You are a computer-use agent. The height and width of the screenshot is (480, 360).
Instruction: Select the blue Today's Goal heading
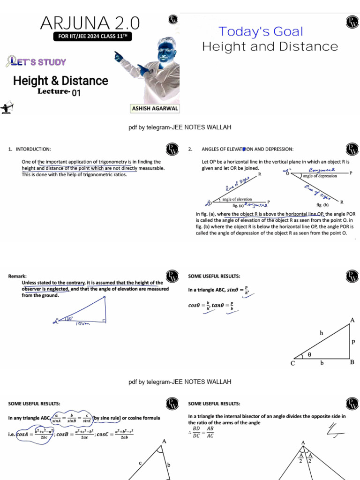(x=261, y=32)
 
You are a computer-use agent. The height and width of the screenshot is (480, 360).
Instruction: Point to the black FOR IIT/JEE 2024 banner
(x=90, y=37)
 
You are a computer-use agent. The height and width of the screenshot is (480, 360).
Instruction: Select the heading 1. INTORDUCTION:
(x=30, y=149)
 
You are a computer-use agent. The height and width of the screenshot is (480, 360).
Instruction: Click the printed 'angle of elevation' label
(x=237, y=199)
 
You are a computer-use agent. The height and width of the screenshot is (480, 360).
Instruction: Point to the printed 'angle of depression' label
(x=320, y=176)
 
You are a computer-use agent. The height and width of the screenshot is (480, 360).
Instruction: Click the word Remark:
(x=17, y=277)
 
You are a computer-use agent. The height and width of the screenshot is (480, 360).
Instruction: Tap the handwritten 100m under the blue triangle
(x=83, y=324)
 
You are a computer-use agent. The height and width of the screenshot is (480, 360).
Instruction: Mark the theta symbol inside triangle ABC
(x=309, y=355)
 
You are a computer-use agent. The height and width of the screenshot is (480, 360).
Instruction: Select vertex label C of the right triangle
(x=292, y=363)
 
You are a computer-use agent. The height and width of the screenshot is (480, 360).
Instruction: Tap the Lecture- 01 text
(x=60, y=92)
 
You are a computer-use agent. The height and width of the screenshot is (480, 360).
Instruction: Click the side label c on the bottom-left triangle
(x=139, y=463)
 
